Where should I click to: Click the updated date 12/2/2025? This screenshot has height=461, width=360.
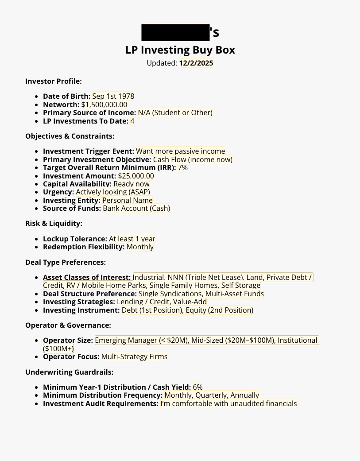196,63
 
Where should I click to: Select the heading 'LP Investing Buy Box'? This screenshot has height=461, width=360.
180,50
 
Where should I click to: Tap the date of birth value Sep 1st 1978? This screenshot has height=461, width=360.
113,96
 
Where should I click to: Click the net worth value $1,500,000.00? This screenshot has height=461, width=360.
104,105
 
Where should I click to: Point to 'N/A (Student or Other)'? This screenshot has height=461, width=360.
175,112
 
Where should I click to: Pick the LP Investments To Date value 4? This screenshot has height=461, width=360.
132,121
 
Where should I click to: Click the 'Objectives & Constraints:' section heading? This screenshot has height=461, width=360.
70,136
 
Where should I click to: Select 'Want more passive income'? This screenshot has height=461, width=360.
180,151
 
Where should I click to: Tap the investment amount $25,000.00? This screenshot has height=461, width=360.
136,176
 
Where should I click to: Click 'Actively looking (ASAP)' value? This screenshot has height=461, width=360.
113,192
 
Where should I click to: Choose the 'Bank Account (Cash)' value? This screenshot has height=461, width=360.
136,208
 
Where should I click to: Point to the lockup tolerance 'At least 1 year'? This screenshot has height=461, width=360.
132,239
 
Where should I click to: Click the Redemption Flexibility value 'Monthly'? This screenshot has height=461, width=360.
140,247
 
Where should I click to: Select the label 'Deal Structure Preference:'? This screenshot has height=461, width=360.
89,294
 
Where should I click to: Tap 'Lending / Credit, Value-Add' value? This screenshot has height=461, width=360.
162,302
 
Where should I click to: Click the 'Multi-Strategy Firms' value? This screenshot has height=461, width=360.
134,356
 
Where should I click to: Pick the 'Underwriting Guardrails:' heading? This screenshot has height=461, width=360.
69,372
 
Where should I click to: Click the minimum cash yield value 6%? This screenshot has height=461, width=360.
197,387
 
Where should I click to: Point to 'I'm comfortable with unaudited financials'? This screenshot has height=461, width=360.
228,403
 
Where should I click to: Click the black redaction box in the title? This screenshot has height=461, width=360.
175,32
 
